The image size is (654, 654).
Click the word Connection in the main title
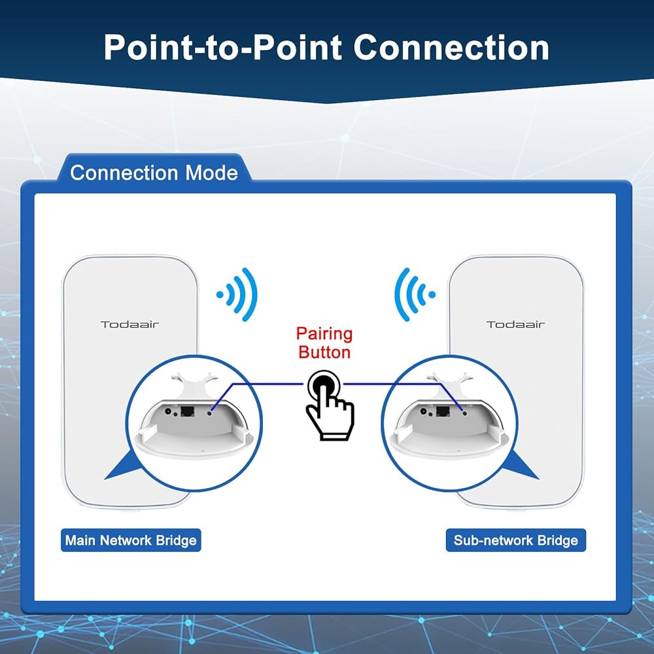click(451, 47)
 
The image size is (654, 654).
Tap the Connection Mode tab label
click(154, 173)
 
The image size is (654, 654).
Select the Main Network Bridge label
click(131, 540)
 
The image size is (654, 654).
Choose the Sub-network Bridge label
click(516, 540)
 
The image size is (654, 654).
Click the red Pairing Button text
click(324, 343)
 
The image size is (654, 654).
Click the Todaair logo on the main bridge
click(129, 324)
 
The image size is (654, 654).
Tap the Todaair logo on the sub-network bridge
click(515, 324)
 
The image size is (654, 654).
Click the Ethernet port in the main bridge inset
click(188, 411)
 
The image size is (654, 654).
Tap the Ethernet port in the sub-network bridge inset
click(443, 411)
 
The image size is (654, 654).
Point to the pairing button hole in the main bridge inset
click(210, 413)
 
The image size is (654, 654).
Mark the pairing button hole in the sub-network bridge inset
click(464, 413)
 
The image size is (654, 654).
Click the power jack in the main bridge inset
click(169, 411)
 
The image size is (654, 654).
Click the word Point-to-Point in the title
click(223, 47)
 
